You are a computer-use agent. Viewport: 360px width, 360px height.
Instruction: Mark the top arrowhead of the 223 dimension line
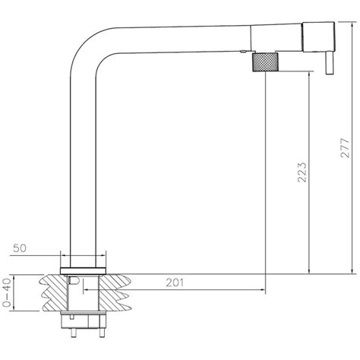pos(310,75)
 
